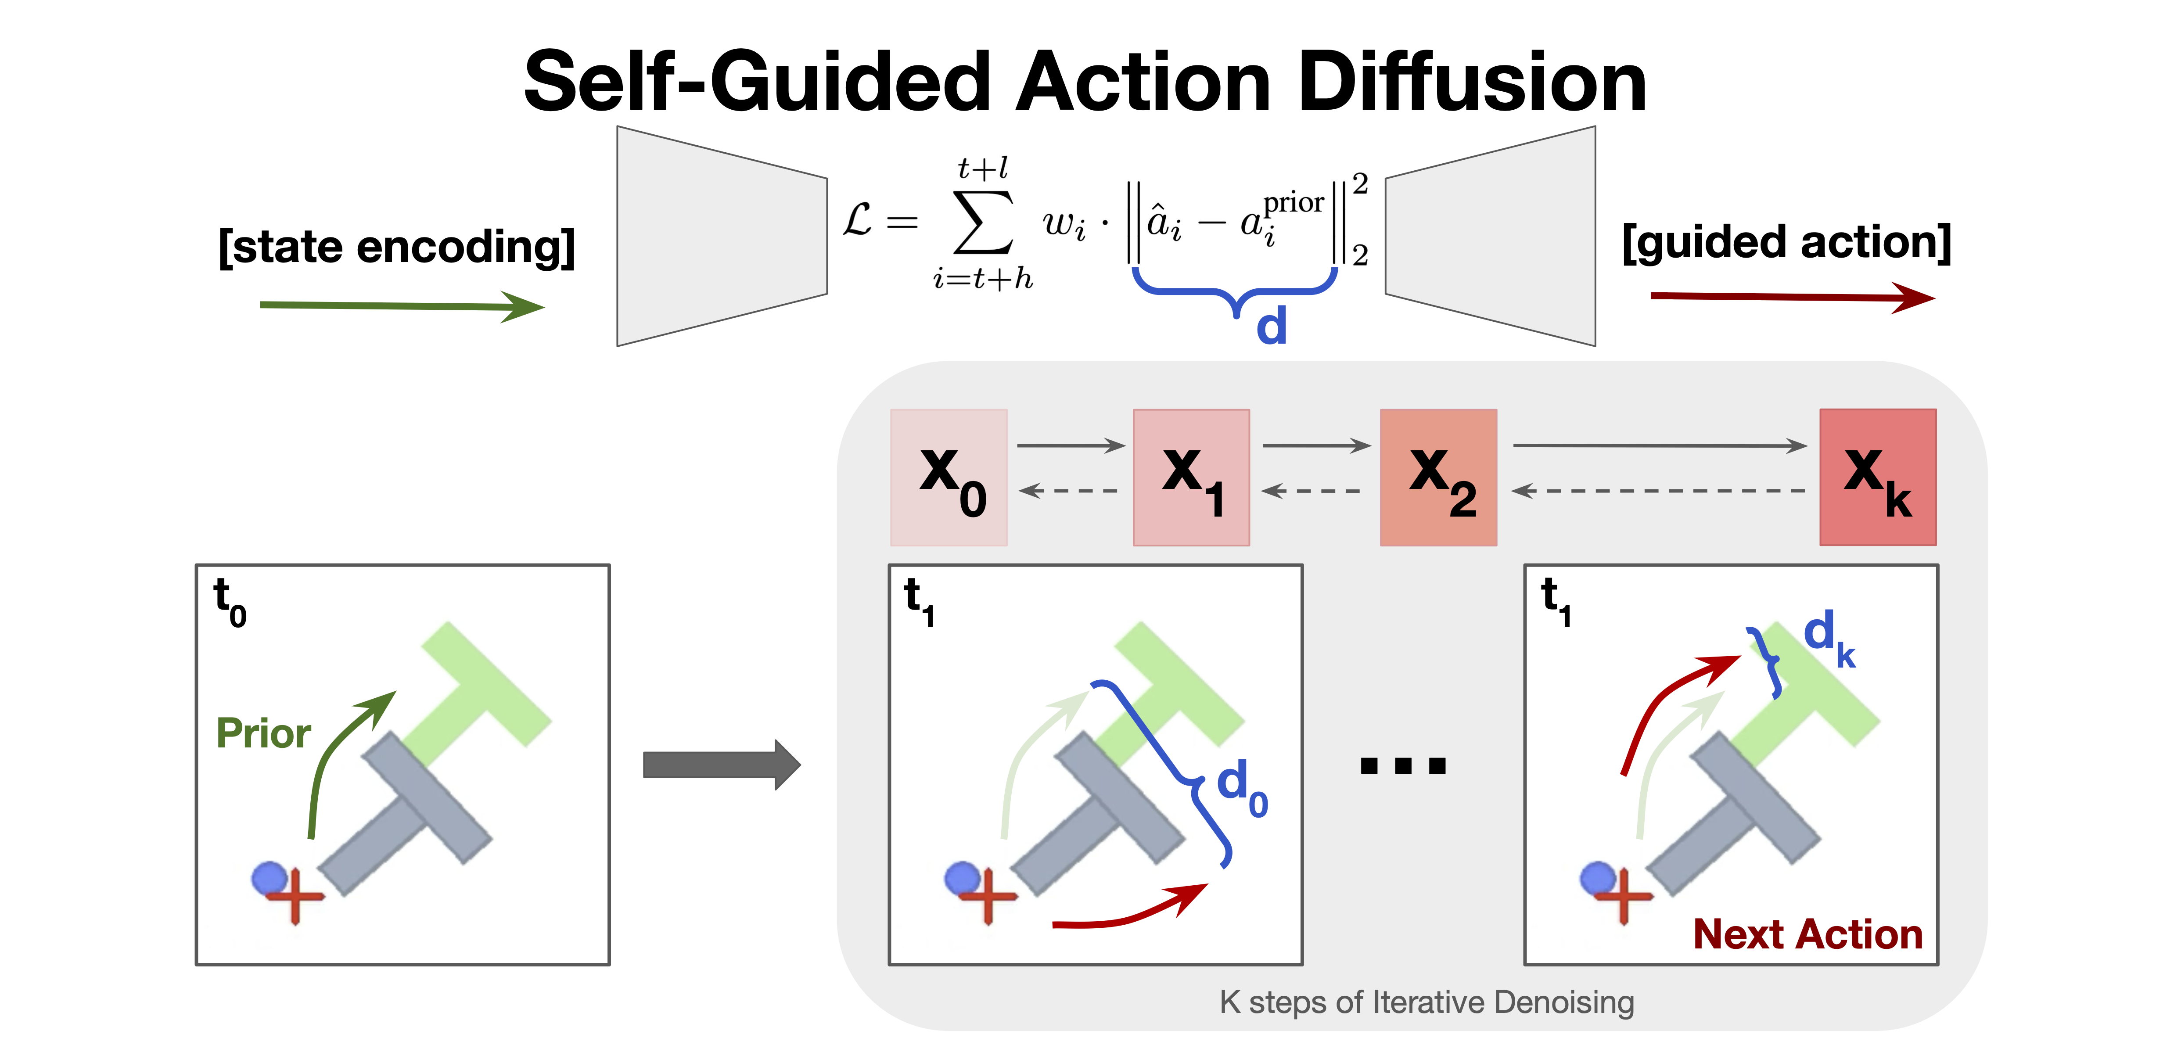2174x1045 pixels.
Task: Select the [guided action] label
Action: (x=1786, y=242)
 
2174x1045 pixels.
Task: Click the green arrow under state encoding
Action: (x=401, y=305)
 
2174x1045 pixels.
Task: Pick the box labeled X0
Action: (x=949, y=477)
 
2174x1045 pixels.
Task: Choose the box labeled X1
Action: (x=1191, y=477)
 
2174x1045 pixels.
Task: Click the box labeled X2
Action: (x=1438, y=477)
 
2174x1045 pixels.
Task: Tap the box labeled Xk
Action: (x=1878, y=477)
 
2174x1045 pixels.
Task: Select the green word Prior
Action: (x=263, y=733)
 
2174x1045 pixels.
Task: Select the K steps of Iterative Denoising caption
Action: (x=1426, y=1002)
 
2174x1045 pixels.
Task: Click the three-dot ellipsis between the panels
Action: (x=1403, y=765)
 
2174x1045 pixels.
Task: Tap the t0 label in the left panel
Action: (x=230, y=602)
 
